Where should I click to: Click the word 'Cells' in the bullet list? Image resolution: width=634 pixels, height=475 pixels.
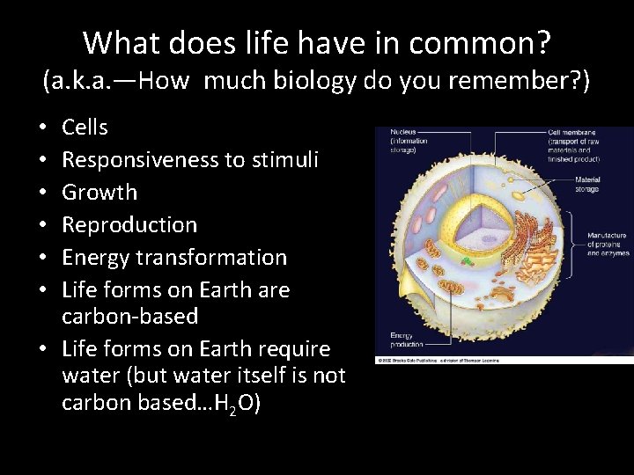tap(85, 128)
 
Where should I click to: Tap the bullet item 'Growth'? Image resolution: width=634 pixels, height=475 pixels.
tap(100, 193)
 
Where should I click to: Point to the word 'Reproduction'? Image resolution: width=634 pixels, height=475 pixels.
tap(129, 225)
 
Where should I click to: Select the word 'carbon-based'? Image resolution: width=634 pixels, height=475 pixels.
tap(130, 316)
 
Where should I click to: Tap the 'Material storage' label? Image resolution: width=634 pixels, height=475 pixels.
tap(588, 184)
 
